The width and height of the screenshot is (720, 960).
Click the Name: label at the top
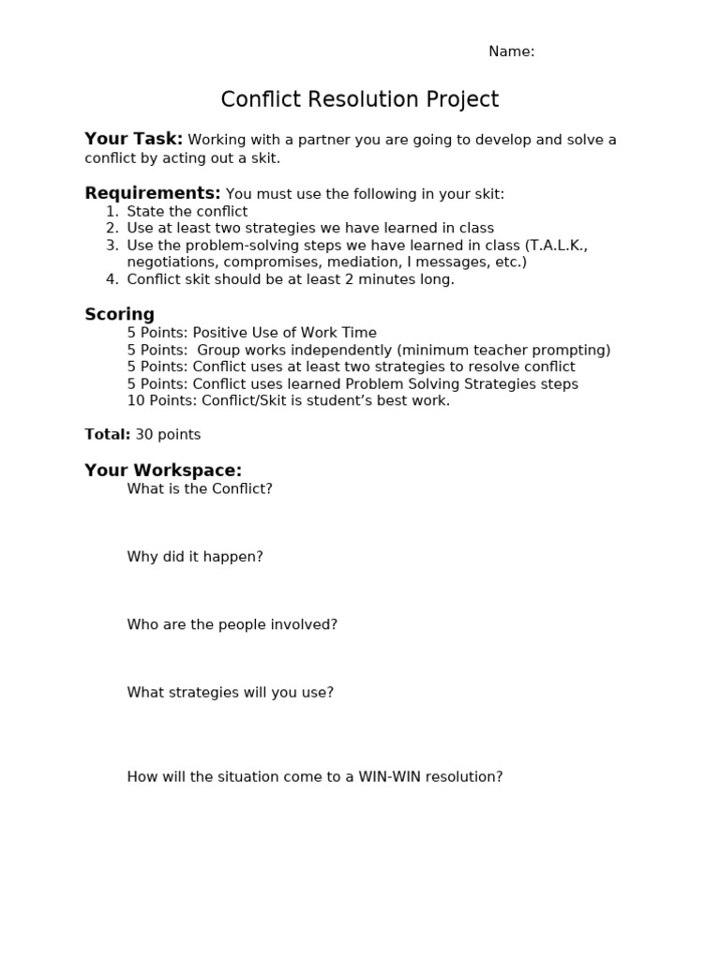tap(511, 52)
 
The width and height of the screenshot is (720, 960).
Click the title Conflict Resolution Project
tap(359, 100)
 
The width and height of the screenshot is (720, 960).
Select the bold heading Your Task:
tap(133, 140)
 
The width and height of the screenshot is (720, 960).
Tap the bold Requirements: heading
tap(153, 194)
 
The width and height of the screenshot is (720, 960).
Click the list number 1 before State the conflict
tap(112, 212)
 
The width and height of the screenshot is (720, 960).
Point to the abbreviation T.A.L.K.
tap(558, 246)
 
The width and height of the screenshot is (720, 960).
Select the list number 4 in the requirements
tap(112, 279)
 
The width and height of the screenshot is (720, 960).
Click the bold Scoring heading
tap(119, 315)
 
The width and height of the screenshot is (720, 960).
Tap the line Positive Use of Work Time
tap(284, 333)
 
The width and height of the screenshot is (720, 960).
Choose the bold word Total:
tap(107, 435)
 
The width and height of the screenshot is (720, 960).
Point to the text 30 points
tap(168, 435)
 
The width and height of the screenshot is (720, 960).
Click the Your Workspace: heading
tap(163, 471)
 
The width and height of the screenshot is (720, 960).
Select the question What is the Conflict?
tap(200, 489)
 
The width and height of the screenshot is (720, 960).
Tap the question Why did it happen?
tap(195, 557)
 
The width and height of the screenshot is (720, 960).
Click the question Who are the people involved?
tap(232, 624)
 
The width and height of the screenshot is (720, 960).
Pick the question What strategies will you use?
tap(230, 693)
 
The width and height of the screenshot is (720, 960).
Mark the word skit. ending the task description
tap(264, 158)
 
